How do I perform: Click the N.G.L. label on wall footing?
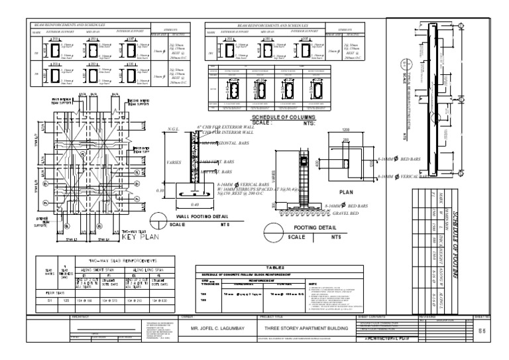174,128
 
